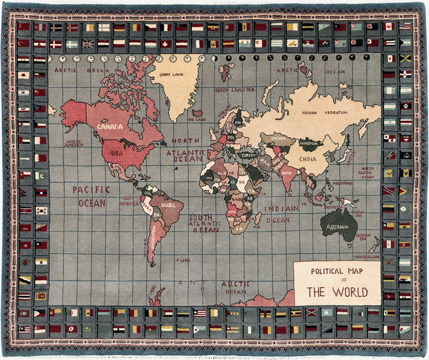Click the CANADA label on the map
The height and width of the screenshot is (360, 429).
point(110,126)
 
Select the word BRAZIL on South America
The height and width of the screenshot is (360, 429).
point(168,205)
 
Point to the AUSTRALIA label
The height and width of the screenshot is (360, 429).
point(338,227)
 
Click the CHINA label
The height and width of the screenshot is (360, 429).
point(307,159)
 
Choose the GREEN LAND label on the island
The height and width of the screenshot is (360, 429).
point(171,75)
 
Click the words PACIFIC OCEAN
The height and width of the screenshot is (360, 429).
point(91,196)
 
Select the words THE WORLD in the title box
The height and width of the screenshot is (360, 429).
point(337,292)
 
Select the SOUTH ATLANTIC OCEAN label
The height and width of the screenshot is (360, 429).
point(206,223)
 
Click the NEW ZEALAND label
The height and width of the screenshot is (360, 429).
point(367,256)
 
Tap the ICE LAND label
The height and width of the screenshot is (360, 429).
point(198,120)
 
